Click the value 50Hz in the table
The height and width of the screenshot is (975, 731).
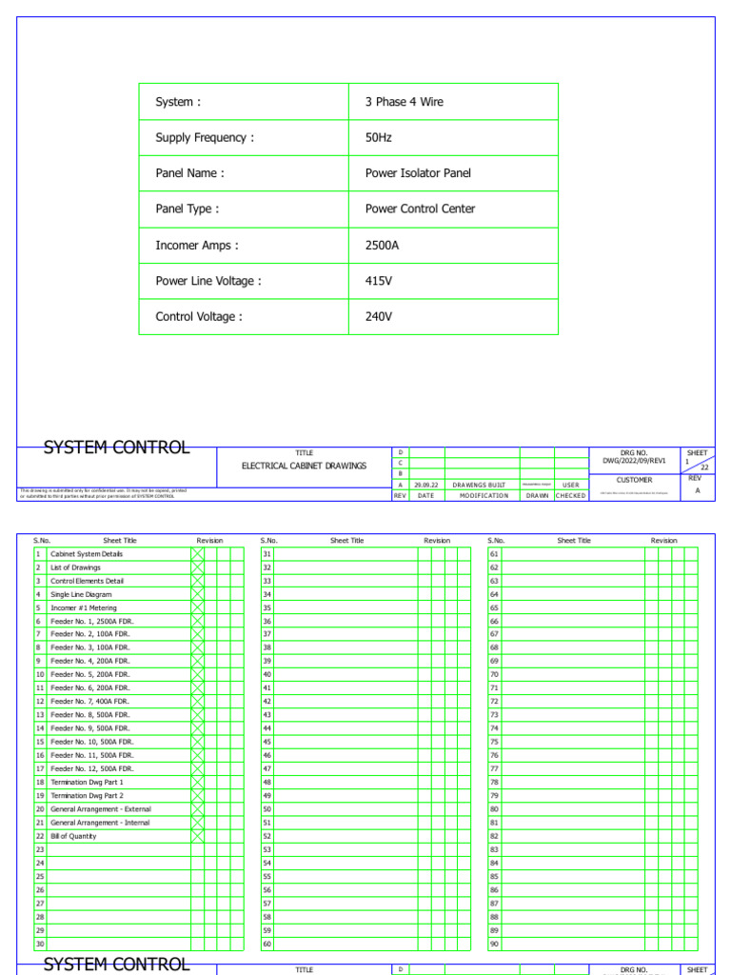click(379, 138)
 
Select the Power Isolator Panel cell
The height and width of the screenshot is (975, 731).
click(418, 173)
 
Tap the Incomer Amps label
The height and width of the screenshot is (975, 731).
click(196, 246)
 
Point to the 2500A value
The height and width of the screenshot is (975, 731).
click(383, 246)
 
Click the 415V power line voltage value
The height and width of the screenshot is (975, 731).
click(379, 281)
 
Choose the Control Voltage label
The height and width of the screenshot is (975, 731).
click(198, 317)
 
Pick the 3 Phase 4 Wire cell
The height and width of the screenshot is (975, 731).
click(405, 102)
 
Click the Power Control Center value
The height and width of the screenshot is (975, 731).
click(420, 209)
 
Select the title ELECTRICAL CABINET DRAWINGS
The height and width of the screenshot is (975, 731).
click(304, 466)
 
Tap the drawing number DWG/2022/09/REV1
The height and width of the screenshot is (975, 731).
click(633, 461)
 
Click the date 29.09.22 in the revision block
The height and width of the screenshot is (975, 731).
click(425, 485)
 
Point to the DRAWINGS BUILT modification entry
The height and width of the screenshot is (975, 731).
click(479, 485)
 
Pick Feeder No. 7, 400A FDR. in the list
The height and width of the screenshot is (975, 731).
click(90, 702)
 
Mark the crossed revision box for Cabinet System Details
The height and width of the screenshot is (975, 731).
click(198, 554)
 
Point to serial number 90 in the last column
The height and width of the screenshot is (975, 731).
click(494, 944)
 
